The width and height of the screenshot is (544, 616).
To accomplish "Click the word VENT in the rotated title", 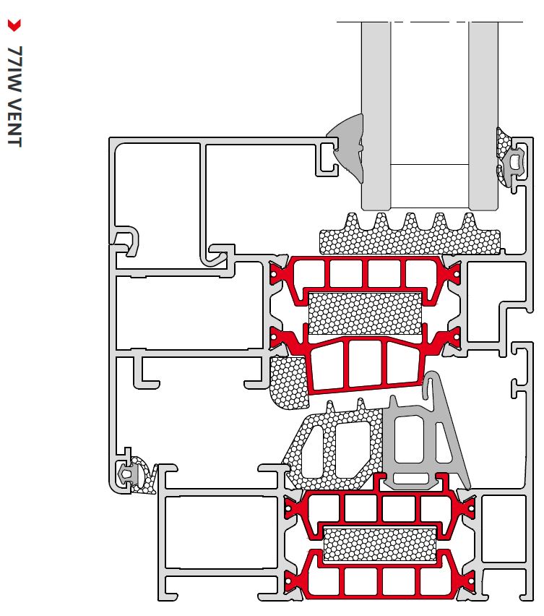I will coord(14,120).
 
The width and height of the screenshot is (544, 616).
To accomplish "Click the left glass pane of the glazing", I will coord(376,108).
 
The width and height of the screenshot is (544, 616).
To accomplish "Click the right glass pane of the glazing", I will coord(483,108).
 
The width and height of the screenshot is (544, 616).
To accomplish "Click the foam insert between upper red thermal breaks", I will coord(365,313).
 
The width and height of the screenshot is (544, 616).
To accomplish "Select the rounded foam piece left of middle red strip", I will coord(287,384).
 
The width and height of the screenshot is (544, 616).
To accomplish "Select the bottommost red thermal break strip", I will coord(379,578).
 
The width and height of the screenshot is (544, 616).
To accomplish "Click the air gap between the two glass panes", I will coord(429,108).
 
